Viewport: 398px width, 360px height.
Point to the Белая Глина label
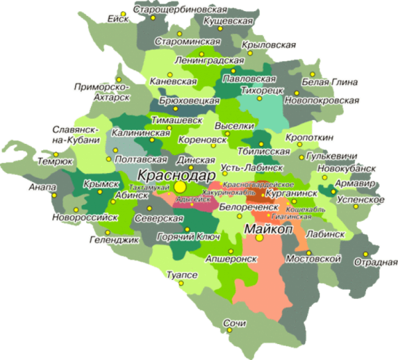[330, 82]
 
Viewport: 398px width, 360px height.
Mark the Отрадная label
[375, 261]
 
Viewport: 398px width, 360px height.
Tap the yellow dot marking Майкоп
[260, 237]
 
